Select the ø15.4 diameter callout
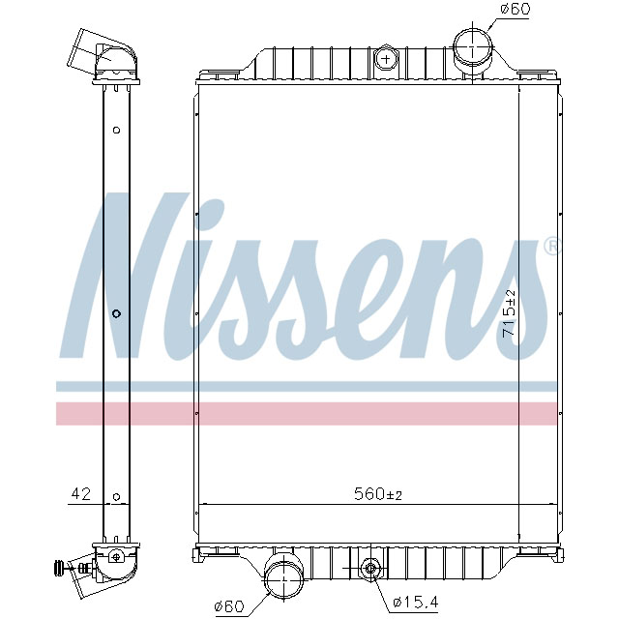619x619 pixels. tap(416, 604)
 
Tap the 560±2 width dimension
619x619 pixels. tap(377, 495)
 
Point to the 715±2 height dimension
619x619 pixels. tap(510, 311)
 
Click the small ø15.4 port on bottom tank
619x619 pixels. tap(369, 568)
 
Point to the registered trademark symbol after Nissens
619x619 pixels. tap(550, 246)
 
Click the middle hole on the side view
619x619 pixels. tap(116, 313)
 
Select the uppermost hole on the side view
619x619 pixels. tap(116, 131)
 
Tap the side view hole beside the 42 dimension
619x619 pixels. tap(116, 497)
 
